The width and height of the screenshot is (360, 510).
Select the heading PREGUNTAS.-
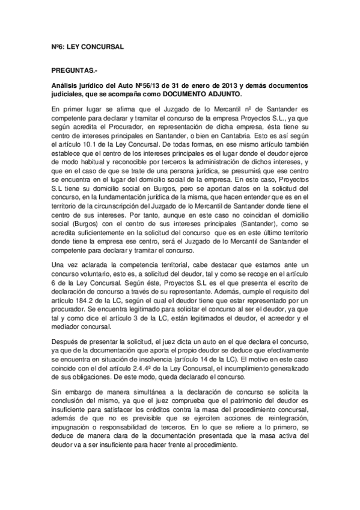73,70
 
